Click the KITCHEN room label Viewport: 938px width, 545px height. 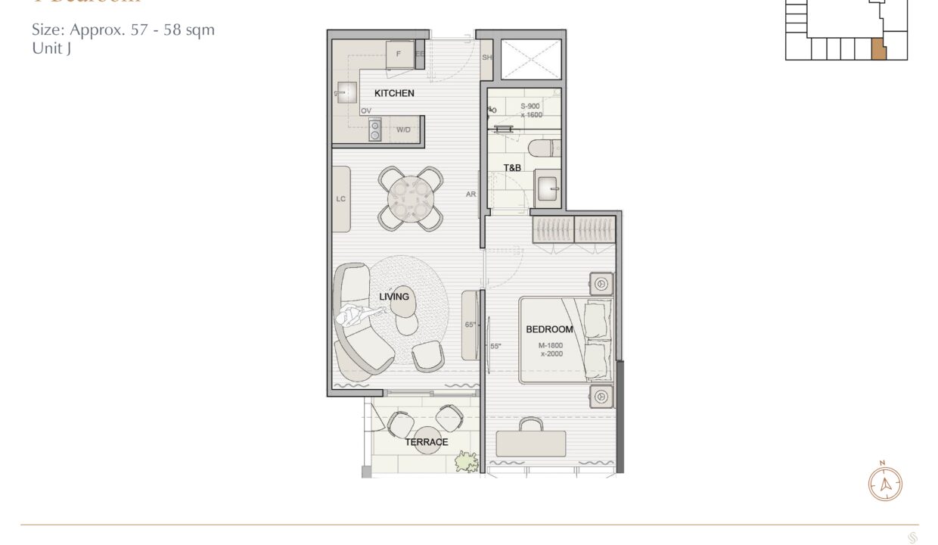click(394, 93)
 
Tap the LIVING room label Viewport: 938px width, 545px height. click(394, 297)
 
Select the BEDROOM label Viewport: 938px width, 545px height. click(549, 329)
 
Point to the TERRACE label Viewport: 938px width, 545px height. click(426, 442)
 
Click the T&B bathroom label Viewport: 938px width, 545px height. click(512, 168)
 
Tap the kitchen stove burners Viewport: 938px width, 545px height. click(374, 130)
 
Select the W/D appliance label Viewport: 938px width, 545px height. click(404, 130)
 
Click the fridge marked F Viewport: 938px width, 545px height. click(399, 55)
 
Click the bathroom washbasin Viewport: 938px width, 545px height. click(548, 188)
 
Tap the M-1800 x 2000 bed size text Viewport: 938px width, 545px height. click(551, 350)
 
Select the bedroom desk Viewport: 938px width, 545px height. click(531, 444)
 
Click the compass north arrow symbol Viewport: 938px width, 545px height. click(885, 483)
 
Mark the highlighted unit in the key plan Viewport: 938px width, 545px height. click(877, 49)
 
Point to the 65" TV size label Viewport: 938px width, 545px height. click(471, 325)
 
